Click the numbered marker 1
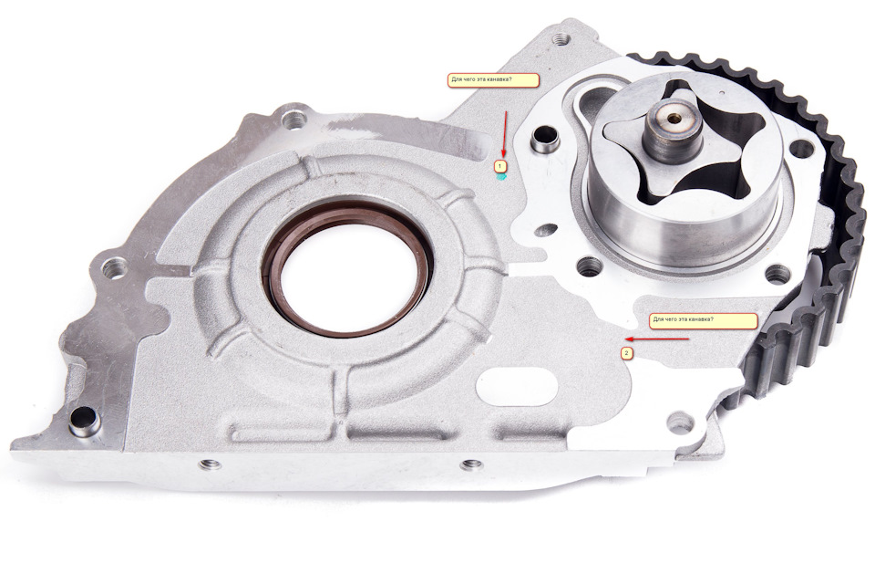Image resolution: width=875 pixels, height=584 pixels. coord(500,166)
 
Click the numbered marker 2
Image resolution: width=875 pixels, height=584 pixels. coord(627,353)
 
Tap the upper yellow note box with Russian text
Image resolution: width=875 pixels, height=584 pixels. coord(493,80)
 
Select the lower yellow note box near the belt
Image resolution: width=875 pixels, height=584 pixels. coord(703,321)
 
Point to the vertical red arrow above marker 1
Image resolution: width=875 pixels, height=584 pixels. coord(504,134)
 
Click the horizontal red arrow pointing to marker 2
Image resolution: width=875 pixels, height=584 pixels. coord(657,339)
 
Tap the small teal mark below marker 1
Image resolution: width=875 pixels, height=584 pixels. coord(501,177)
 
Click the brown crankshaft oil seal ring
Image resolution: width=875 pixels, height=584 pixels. coord(347,268)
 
